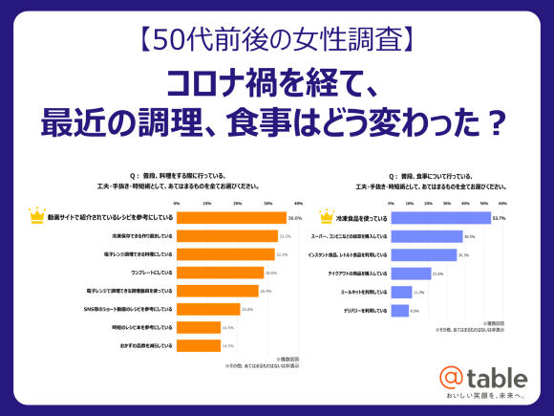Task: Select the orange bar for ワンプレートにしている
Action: click(x=218, y=273)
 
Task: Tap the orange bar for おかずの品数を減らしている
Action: click(x=199, y=344)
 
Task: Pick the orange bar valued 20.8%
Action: click(x=208, y=309)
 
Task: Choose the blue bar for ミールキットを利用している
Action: click(x=407, y=292)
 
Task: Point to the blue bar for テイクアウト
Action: click(x=411, y=274)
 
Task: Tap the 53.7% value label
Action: click(x=499, y=218)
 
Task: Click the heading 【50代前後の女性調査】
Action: click(x=276, y=40)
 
